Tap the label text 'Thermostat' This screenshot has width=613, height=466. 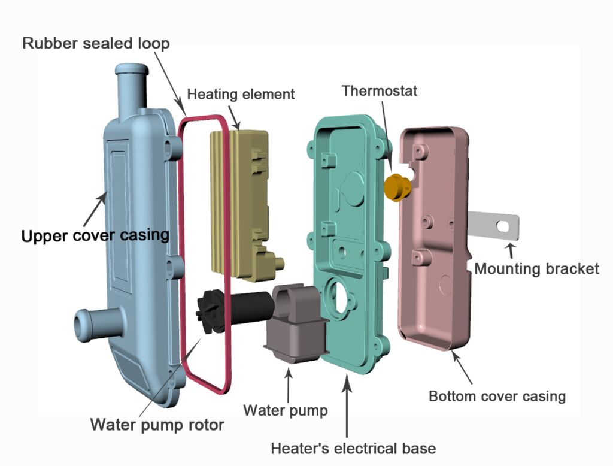tap(380, 91)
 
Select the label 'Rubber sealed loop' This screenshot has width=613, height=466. tap(96, 43)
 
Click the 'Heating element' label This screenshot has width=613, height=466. tap(241, 94)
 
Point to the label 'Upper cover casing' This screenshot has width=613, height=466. tap(95, 235)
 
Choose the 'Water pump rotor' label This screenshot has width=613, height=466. tap(157, 425)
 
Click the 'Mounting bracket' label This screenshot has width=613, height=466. tap(536, 268)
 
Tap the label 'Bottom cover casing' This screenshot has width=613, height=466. tap(497, 395)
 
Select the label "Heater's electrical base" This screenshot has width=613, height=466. tap(353, 447)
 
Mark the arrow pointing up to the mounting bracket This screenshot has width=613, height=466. tap(511, 250)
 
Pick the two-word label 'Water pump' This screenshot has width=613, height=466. tap(286, 410)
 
